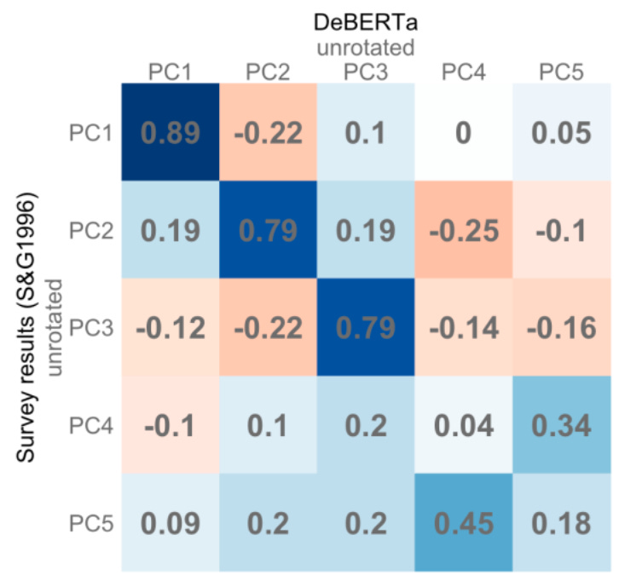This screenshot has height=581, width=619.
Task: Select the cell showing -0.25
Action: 463,230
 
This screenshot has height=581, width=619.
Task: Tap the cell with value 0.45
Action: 463,522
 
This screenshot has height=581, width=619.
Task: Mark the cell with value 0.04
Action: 463,425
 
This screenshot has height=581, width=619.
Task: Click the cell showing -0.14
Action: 463,328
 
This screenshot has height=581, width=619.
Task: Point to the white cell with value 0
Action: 463,132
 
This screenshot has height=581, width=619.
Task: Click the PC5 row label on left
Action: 93,522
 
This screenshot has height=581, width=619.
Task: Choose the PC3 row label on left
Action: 93,328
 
